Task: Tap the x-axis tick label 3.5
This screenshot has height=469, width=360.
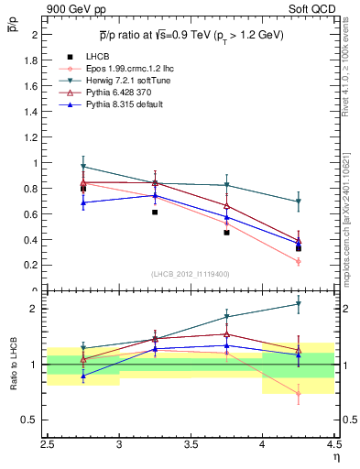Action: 191,443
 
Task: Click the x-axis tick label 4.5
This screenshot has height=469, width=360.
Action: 333,443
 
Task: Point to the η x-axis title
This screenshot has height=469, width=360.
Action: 335,455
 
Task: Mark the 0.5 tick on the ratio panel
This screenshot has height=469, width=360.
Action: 32,420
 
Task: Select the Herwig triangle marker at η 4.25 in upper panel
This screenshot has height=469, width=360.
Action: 299,202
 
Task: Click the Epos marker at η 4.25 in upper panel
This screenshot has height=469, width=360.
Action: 299,261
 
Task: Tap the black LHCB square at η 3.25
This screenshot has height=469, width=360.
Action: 155,212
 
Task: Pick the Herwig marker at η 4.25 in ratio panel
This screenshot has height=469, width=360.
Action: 299,304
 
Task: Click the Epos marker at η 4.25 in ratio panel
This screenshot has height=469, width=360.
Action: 299,394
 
